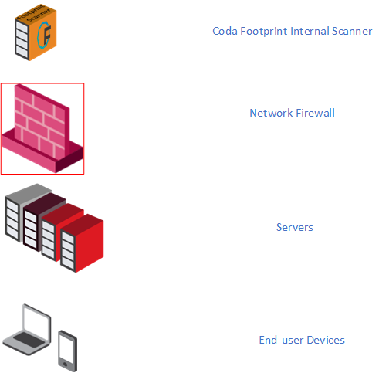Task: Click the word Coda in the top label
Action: (x=225, y=31)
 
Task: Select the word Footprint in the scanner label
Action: (x=264, y=32)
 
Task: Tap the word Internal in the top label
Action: (x=310, y=31)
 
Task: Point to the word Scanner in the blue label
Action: (x=352, y=31)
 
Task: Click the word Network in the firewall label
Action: (x=271, y=113)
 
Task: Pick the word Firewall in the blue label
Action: (x=316, y=113)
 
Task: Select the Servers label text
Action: (x=295, y=227)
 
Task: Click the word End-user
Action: (x=281, y=340)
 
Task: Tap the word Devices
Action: (x=326, y=340)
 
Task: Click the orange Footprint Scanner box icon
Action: (x=36, y=32)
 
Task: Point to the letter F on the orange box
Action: (x=46, y=35)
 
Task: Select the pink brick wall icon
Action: (x=42, y=128)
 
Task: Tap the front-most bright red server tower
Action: (x=82, y=243)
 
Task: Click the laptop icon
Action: (x=27, y=330)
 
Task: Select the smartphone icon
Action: (x=67, y=351)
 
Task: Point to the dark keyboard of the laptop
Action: (x=29, y=340)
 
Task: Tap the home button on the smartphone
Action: (x=66, y=365)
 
